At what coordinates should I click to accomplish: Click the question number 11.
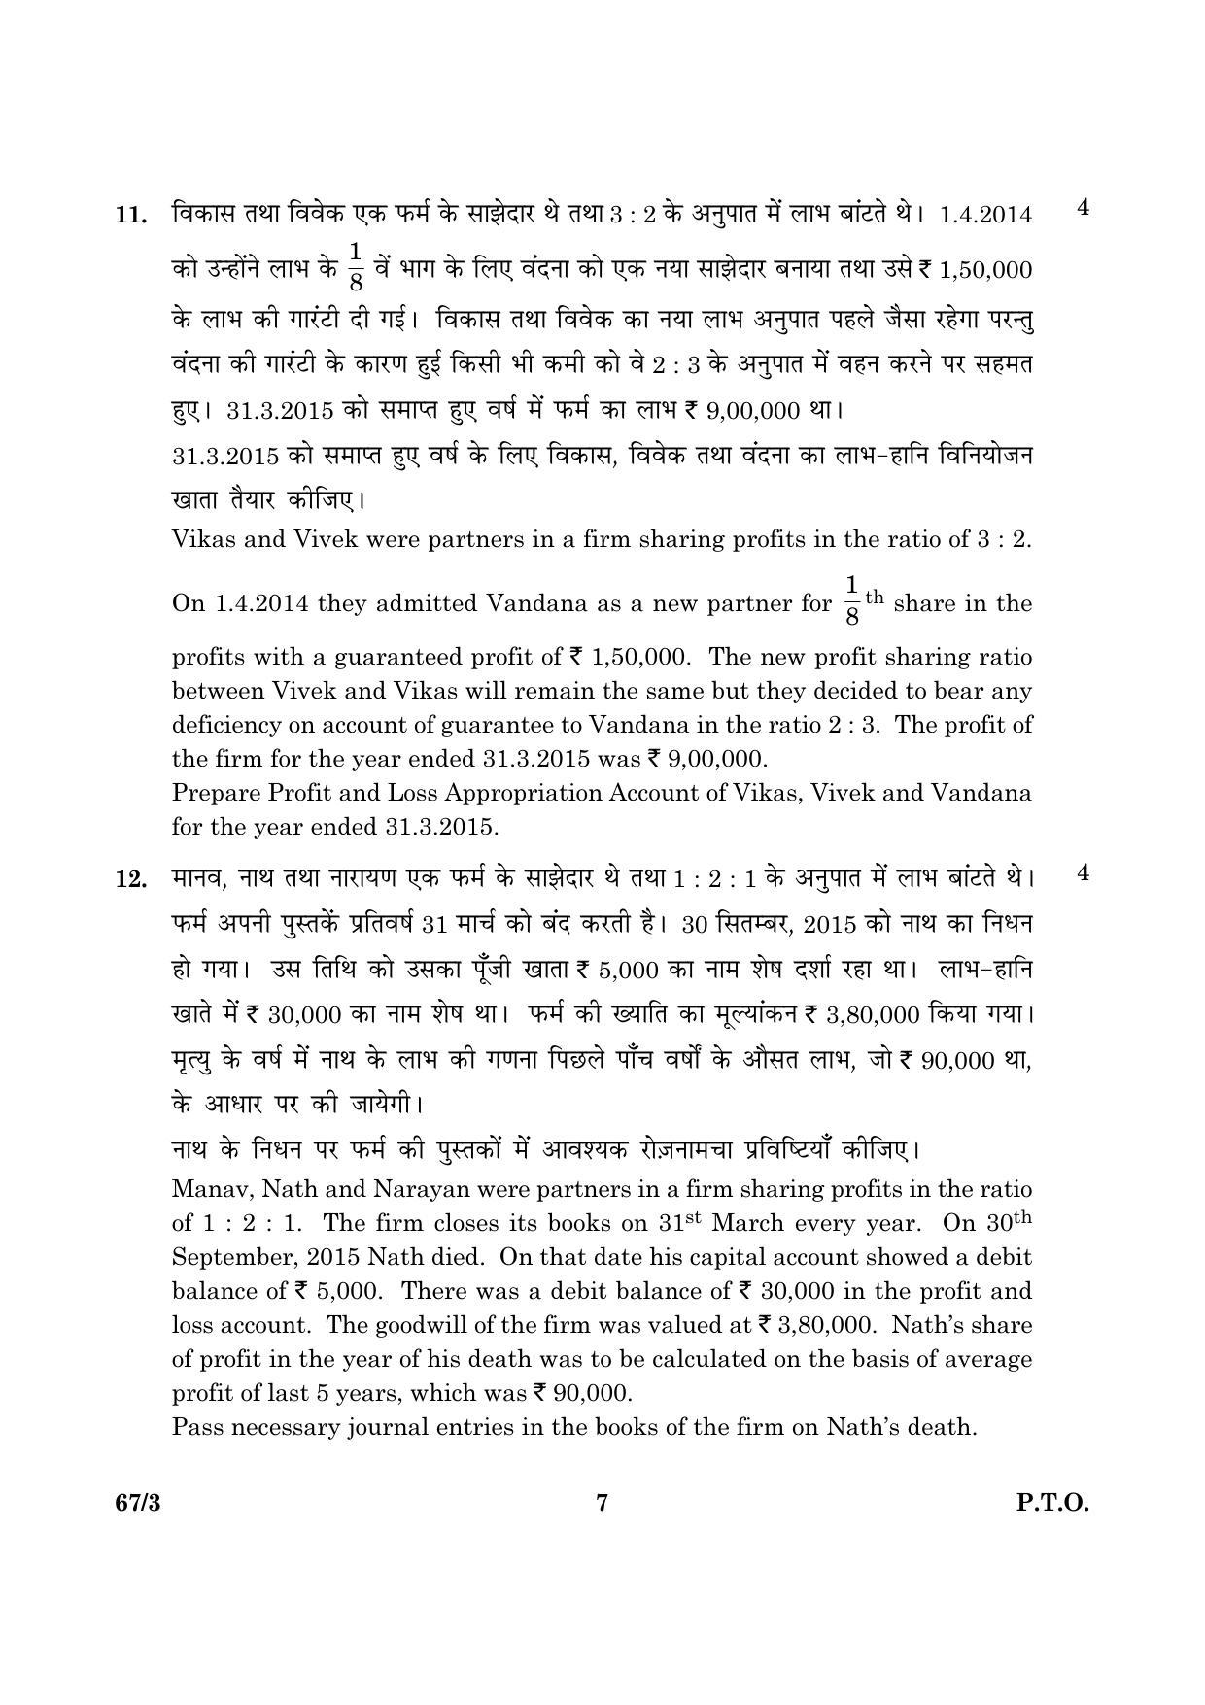[x=130, y=216]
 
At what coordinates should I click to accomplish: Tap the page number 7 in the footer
[x=602, y=1504]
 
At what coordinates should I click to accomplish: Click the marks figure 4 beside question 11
[x=1084, y=208]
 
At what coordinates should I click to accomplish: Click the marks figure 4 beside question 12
[x=1084, y=872]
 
